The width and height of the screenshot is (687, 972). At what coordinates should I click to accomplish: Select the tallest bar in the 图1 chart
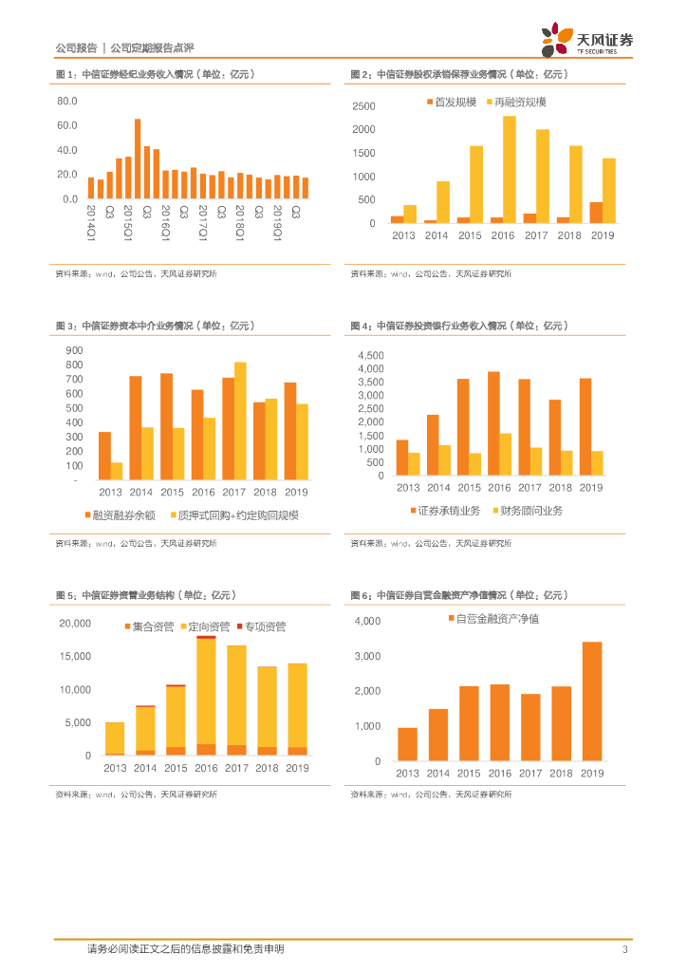point(138,159)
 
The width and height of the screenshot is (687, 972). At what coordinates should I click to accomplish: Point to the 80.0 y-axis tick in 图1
point(66,101)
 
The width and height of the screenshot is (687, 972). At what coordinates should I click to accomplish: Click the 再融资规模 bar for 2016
point(510,169)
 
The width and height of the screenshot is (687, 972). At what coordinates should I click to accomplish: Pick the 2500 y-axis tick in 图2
point(363,106)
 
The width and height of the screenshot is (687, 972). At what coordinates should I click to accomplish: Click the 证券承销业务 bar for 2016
point(493,422)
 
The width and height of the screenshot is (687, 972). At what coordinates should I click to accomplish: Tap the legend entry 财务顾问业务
point(529,511)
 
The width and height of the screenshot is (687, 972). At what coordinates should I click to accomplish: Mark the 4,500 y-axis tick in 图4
point(370,355)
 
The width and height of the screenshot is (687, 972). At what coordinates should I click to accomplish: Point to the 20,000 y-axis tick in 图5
point(75,623)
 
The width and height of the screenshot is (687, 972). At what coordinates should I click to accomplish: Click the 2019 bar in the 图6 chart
point(592,701)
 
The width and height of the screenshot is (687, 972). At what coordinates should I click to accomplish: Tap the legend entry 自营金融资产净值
point(497,619)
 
